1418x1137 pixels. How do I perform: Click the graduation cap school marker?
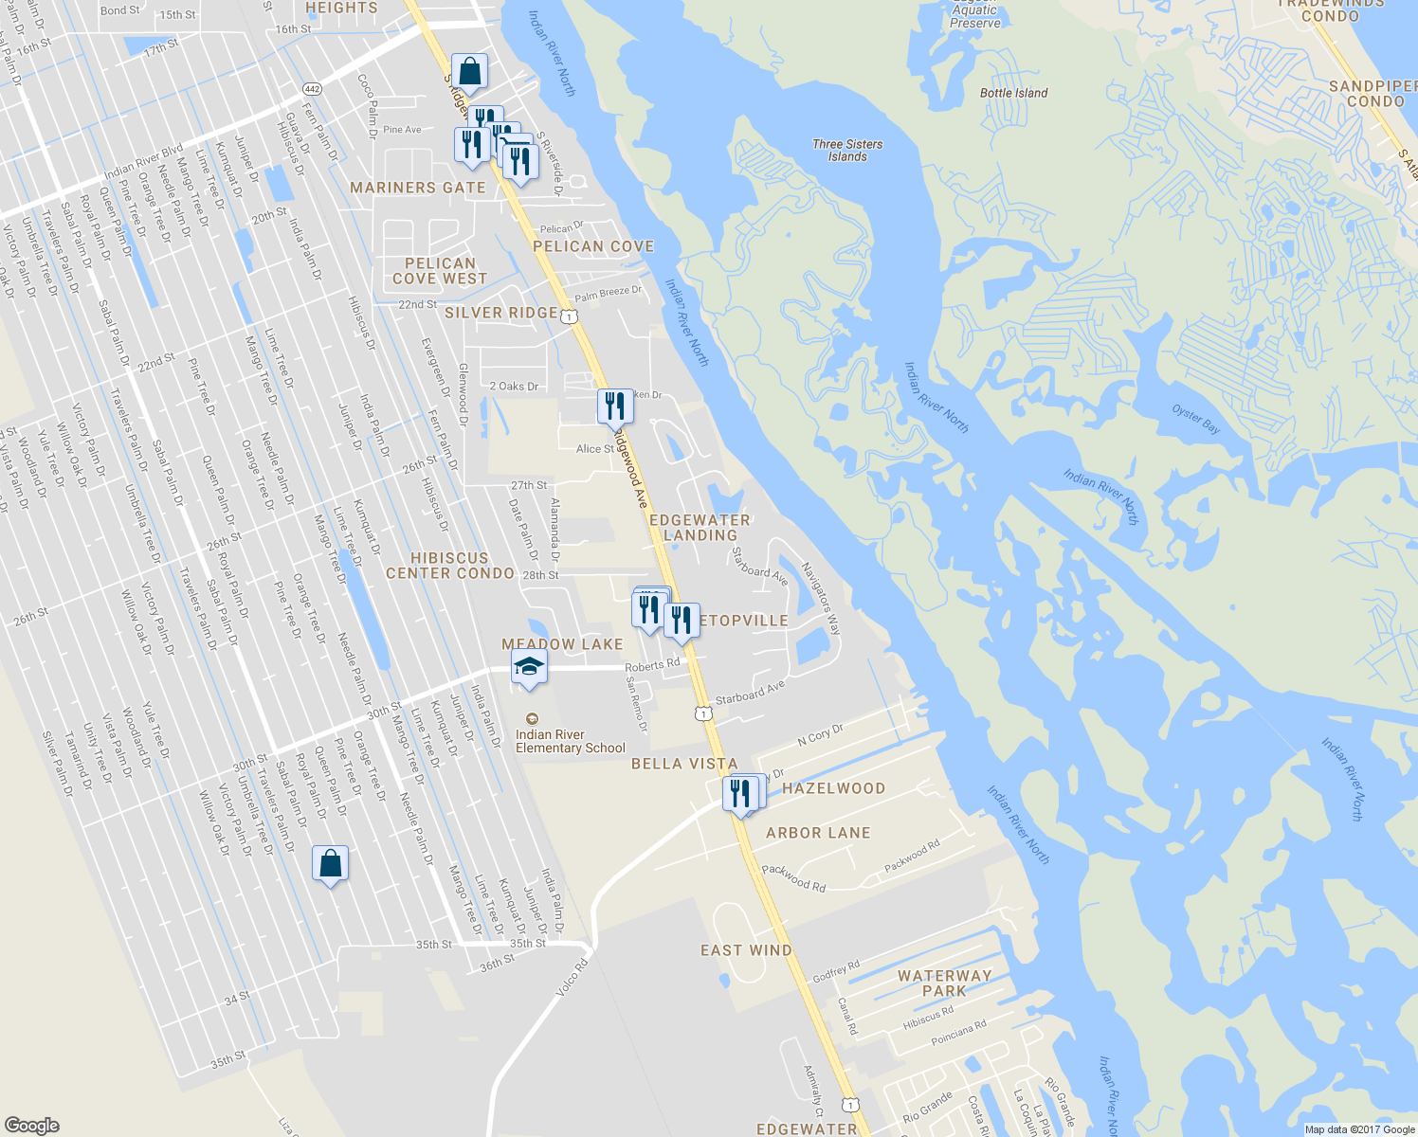pos(529,666)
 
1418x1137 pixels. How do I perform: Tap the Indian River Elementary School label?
pos(570,741)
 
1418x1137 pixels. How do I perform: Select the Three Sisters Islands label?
pos(847,151)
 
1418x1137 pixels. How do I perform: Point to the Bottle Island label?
pos(1013,93)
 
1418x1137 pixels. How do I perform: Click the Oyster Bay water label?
pos(1195,419)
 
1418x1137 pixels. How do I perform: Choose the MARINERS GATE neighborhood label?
pos(418,188)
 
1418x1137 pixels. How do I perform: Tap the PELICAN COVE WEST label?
pos(440,271)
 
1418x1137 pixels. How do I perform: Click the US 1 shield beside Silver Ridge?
pos(568,316)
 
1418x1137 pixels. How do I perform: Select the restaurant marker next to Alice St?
pos(615,406)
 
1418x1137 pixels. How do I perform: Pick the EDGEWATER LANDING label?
pos(700,528)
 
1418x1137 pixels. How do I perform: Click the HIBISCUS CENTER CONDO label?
pos(450,566)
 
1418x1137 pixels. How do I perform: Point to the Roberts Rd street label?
pos(652,665)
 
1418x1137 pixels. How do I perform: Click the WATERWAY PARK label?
pos(944,983)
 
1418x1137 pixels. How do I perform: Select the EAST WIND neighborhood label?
pos(746,950)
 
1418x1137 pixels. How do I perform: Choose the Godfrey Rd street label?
pos(836,971)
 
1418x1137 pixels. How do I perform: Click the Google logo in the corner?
pos(32,1126)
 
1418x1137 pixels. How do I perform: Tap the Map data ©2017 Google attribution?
pos(1359,1129)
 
